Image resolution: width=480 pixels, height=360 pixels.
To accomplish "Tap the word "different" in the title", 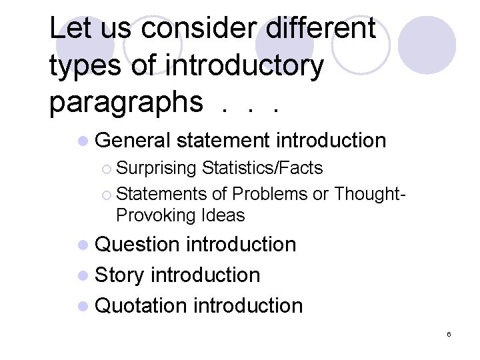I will click(321, 29).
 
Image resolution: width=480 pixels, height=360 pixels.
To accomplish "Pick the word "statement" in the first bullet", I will click(223, 141).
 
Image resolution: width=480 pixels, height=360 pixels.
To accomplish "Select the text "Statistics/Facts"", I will click(262, 168).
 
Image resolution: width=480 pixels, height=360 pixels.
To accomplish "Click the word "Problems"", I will click(269, 193).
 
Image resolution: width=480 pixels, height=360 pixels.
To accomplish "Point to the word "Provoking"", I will click(155, 215).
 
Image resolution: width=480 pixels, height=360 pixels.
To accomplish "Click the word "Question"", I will click(138, 245).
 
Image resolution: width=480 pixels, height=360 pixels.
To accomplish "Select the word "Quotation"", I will click(141, 306).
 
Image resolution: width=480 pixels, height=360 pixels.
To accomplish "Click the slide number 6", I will click(449, 334).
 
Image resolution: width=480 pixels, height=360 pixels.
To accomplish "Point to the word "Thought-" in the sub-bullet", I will click(369, 193).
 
